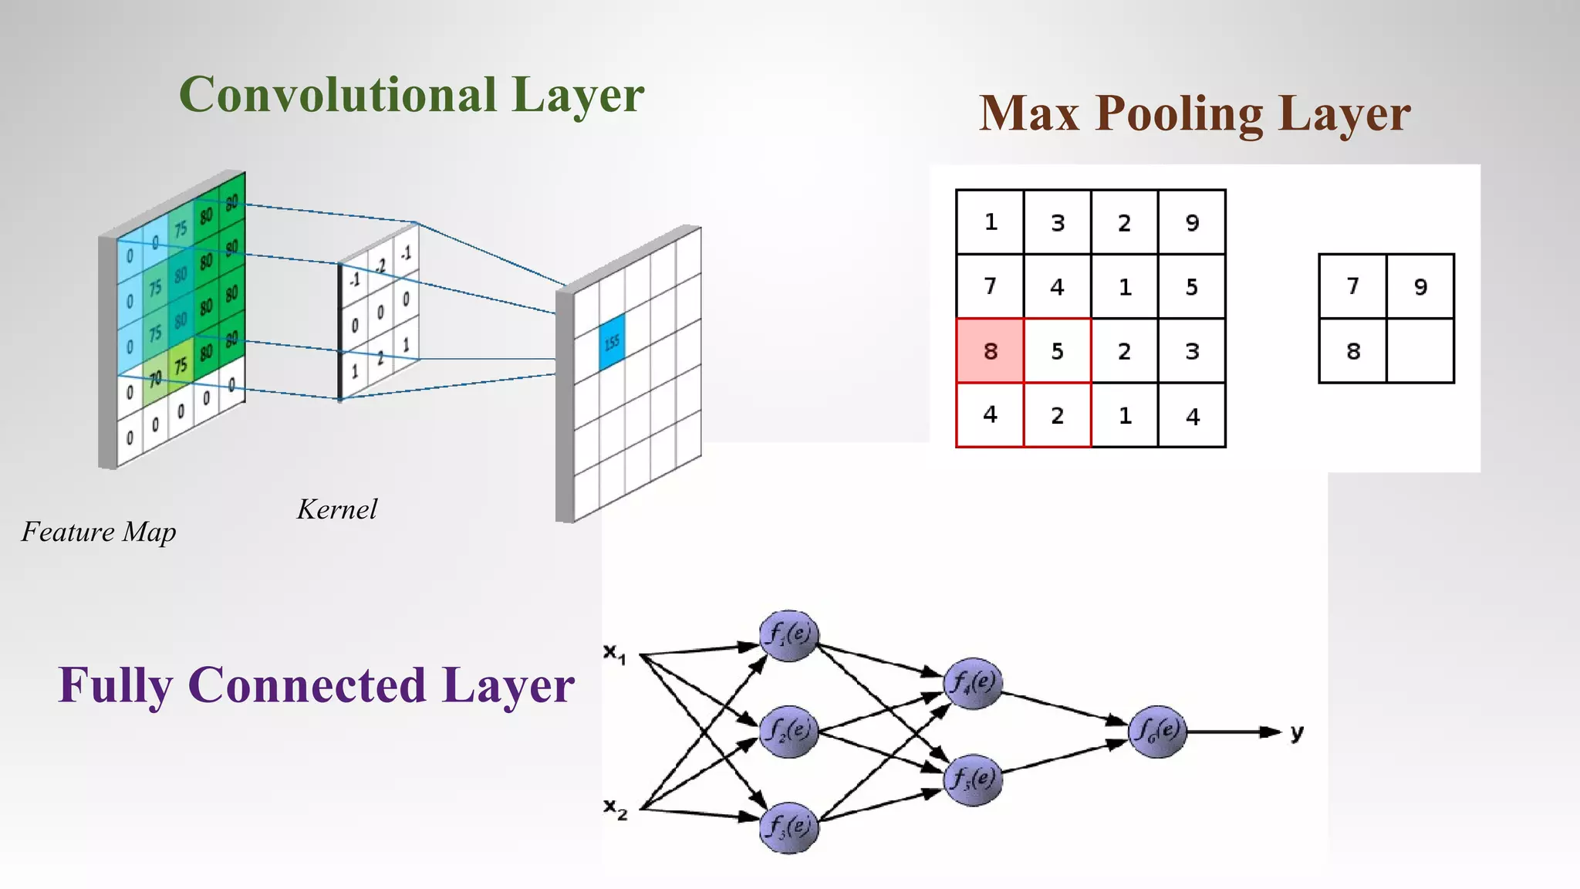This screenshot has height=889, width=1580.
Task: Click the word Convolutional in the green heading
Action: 337,95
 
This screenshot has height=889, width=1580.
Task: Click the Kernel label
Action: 337,509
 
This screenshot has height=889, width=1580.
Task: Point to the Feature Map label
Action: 99,532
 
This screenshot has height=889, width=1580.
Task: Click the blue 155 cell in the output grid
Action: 612,342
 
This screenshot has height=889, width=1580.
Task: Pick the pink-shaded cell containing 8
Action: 990,351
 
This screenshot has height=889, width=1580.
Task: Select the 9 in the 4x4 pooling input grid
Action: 1192,222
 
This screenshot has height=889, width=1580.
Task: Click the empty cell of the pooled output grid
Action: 1420,351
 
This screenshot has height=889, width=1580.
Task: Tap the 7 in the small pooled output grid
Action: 1352,286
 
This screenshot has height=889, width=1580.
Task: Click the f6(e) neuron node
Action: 1156,731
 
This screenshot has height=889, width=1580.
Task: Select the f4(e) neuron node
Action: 973,683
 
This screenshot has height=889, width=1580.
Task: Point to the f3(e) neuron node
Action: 788,827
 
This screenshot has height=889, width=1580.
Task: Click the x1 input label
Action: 615,654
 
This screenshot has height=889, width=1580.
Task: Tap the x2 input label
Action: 615,809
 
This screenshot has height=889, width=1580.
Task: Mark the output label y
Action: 1297,732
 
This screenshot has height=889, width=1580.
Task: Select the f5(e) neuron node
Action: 973,779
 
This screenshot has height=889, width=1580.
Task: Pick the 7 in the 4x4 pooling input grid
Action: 990,286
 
